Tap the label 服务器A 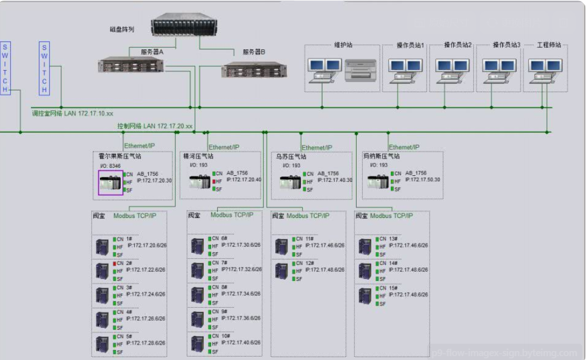coord(152,52)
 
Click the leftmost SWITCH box coord(6,67)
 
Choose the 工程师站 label coord(549,45)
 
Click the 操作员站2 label coord(458,45)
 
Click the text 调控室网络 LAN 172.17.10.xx coord(72,114)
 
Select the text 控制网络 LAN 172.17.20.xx coord(155,126)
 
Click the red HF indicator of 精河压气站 coord(214,182)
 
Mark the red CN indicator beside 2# coord(114,263)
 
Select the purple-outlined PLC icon coord(110,183)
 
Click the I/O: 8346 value coord(110,166)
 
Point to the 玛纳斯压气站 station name coord(381,157)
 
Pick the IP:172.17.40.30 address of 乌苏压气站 coord(335,180)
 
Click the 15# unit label coord(393,288)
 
